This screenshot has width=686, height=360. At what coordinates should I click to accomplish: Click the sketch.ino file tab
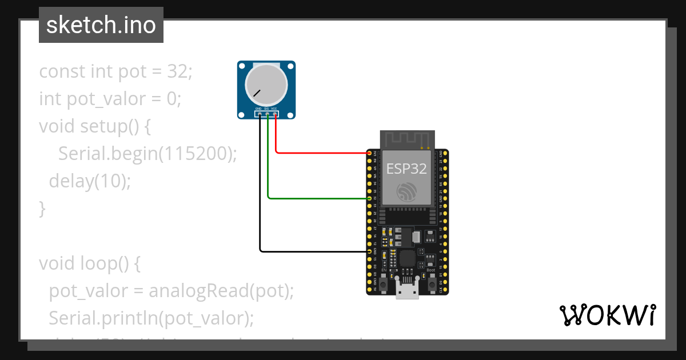(x=101, y=25)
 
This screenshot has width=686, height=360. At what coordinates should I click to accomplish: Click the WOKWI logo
(x=607, y=315)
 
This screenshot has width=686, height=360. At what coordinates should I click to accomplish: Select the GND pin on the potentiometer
(x=260, y=114)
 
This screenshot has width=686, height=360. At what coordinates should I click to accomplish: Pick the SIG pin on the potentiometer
(x=268, y=114)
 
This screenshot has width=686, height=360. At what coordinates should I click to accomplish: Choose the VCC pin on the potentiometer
(x=276, y=114)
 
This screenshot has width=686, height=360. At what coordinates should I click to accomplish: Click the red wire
(x=320, y=153)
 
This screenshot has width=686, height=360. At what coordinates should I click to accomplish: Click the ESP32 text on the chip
(x=406, y=169)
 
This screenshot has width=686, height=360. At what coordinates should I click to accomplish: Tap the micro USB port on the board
(x=408, y=291)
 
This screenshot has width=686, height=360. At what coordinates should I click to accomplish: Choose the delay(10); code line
(x=90, y=182)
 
